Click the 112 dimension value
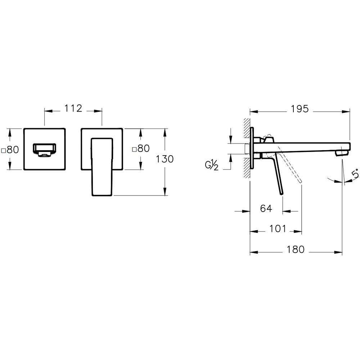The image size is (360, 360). tap(73, 108)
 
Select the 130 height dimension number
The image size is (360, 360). tap(165, 159)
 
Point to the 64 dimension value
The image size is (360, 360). tap(266, 208)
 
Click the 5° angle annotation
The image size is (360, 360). tap(355, 175)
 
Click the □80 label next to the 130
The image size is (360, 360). tap(140, 149)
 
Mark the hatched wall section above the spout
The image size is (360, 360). tap(247, 130)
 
